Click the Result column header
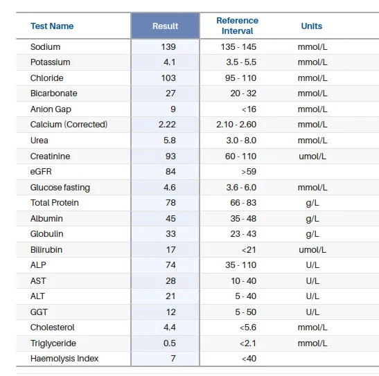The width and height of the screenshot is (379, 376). click(x=166, y=26)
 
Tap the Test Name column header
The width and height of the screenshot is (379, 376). click(x=52, y=26)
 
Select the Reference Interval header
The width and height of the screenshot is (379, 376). click(x=238, y=26)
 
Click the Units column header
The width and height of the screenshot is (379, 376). click(x=312, y=26)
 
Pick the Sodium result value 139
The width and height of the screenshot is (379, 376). click(x=168, y=46)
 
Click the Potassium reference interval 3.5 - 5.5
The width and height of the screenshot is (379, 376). click(x=241, y=62)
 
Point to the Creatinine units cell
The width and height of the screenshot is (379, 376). click(x=312, y=156)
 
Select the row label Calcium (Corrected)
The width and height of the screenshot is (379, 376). click(x=69, y=125)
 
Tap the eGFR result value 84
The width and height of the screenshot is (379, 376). click(x=170, y=172)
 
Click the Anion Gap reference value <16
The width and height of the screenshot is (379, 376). click(x=249, y=109)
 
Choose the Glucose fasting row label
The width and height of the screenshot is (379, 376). click(x=60, y=188)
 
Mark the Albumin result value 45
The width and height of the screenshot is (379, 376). click(x=170, y=219)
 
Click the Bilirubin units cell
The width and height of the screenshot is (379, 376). click(x=312, y=250)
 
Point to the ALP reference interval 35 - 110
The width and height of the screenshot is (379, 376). click(x=240, y=265)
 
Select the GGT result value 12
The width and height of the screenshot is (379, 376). click(x=170, y=312)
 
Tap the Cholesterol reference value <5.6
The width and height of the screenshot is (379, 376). click(x=248, y=328)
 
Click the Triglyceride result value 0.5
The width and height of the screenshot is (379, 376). click(x=170, y=343)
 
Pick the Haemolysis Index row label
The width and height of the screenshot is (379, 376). click(x=64, y=359)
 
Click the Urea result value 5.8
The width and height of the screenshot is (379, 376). click(x=170, y=141)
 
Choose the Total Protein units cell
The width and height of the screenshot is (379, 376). click(x=312, y=203)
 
